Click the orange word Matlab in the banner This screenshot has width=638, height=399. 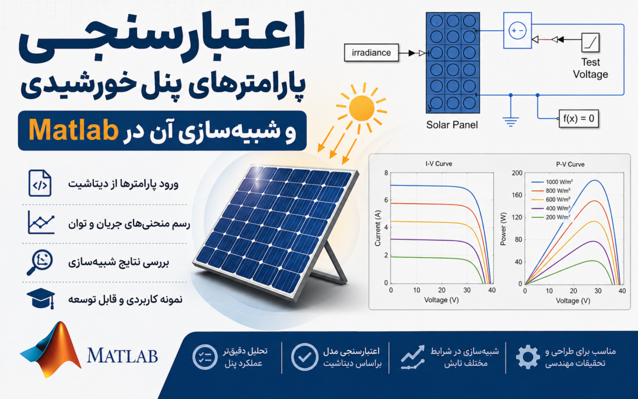click(x=73, y=130)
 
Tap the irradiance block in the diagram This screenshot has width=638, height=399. click(x=371, y=53)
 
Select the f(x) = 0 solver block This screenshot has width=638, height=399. click(x=578, y=118)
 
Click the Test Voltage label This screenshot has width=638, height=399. click(x=590, y=68)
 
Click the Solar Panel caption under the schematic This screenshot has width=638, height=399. click(x=452, y=125)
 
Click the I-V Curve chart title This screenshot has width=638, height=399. click(x=438, y=164)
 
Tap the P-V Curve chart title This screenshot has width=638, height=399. click(x=570, y=164)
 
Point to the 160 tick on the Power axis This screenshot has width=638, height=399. click(x=517, y=195)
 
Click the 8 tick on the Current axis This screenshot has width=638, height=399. click(x=386, y=173)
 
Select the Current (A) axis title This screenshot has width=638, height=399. click(x=377, y=228)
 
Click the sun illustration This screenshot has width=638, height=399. click(x=362, y=108)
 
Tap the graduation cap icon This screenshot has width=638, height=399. click(x=41, y=299)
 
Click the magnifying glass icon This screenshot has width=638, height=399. click(x=40, y=262)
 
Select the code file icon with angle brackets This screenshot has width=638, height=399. click(x=40, y=183)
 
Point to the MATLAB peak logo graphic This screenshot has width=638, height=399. click(x=51, y=349)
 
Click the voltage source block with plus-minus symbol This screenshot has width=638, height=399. click(x=517, y=31)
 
